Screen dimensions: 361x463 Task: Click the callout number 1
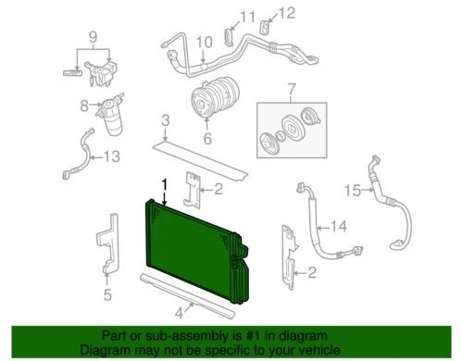(166, 184)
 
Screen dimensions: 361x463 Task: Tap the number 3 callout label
(165, 120)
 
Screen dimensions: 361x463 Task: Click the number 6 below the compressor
(207, 138)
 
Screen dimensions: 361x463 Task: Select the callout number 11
(219, 17)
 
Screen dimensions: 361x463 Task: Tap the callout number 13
(111, 156)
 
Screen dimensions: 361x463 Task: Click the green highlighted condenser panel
(190, 255)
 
